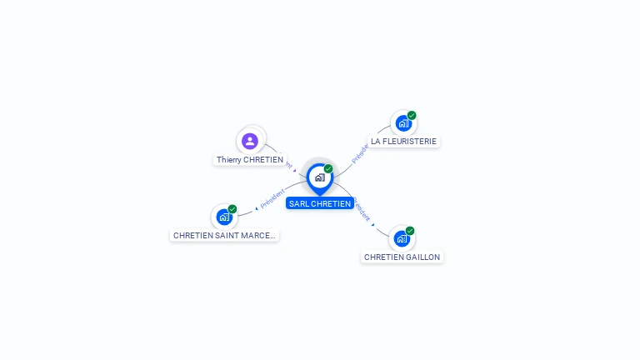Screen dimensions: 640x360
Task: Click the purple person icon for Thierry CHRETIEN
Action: click(249, 141)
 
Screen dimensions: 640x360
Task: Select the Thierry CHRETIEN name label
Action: click(250, 159)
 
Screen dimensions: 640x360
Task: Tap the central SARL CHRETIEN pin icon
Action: click(319, 177)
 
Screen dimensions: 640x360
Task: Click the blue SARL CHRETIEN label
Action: click(320, 203)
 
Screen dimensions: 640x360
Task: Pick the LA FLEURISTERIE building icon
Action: click(403, 123)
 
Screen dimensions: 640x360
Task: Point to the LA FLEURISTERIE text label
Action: click(403, 142)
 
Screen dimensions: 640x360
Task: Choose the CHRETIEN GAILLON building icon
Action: click(402, 238)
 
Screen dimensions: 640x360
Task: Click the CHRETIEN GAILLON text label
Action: click(402, 257)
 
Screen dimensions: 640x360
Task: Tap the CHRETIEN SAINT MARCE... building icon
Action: click(224, 217)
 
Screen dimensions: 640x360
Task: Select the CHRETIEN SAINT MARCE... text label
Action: click(224, 236)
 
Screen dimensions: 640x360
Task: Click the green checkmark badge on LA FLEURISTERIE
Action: click(412, 116)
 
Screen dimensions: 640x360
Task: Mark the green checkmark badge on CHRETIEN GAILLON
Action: click(410, 231)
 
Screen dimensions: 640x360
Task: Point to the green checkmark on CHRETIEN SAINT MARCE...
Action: click(232, 209)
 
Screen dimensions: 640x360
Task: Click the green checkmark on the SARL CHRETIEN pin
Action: click(328, 169)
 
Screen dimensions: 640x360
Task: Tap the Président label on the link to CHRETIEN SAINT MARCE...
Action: click(272, 198)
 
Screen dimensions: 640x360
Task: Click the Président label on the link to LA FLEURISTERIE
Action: click(360, 152)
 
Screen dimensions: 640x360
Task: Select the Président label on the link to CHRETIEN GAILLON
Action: click(361, 208)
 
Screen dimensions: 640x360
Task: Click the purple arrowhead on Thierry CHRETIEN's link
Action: click(295, 170)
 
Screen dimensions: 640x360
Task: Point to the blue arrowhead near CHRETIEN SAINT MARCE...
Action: click(257, 207)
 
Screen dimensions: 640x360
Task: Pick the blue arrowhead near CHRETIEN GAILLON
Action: click(373, 224)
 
